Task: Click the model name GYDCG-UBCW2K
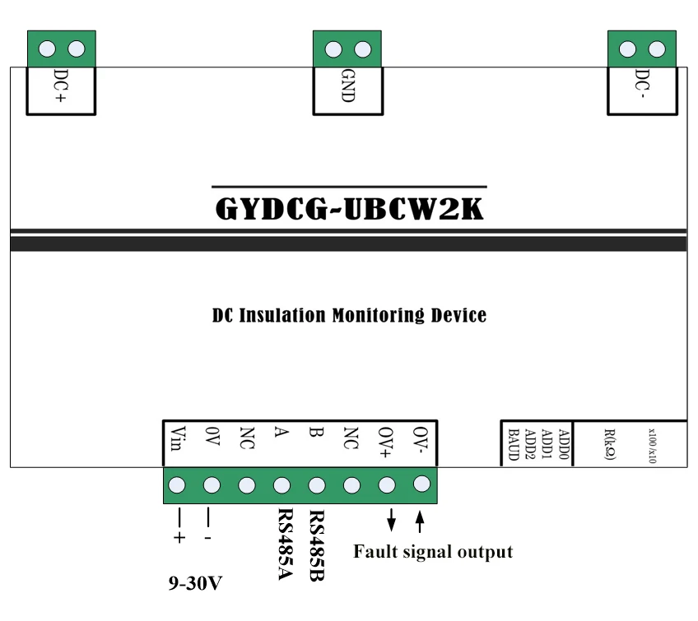pyautogui.click(x=349, y=208)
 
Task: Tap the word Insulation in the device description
pyautogui.click(x=282, y=315)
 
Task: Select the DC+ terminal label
pyautogui.click(x=61, y=86)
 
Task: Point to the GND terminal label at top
pyautogui.click(x=347, y=86)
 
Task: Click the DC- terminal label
pyautogui.click(x=642, y=83)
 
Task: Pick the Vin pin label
pyautogui.click(x=178, y=438)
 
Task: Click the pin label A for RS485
pyautogui.click(x=282, y=432)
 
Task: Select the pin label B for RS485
pyautogui.click(x=316, y=432)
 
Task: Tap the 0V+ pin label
pyautogui.click(x=385, y=443)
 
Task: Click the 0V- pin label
pyautogui.click(x=421, y=439)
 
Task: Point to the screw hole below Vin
pyautogui.click(x=177, y=485)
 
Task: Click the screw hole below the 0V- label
pyautogui.click(x=421, y=484)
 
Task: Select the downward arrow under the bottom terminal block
pyautogui.click(x=391, y=520)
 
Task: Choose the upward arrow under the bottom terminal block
pyautogui.click(x=419, y=521)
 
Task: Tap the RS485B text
pyautogui.click(x=317, y=545)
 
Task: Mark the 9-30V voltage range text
pyautogui.click(x=195, y=583)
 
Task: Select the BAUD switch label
pyautogui.click(x=514, y=444)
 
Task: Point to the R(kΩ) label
pyautogui.click(x=610, y=444)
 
